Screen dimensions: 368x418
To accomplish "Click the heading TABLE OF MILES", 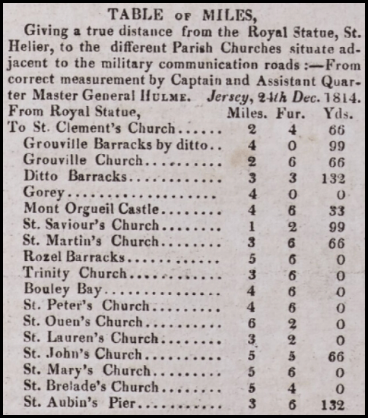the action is tap(183, 14).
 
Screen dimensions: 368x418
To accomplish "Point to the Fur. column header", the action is tap(292, 113).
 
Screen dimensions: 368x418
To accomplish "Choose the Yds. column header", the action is tap(337, 113).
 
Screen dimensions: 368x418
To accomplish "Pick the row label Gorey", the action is tap(43, 193).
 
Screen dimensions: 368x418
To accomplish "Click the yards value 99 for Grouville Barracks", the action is tap(338, 145).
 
